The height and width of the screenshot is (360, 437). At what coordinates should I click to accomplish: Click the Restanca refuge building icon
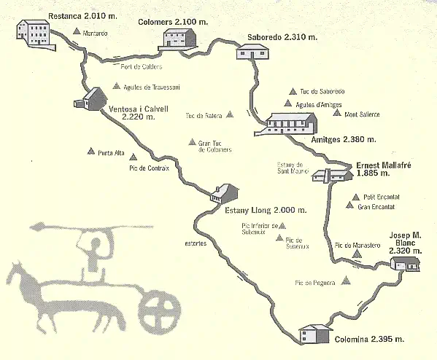[x=34, y=30]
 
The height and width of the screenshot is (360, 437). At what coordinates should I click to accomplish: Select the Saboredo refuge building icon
[x=252, y=52]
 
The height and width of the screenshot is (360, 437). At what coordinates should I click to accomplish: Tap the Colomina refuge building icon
[x=316, y=334]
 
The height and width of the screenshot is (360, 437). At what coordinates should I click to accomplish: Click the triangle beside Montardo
[x=77, y=31]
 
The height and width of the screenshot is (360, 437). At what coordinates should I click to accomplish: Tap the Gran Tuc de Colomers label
[x=214, y=146]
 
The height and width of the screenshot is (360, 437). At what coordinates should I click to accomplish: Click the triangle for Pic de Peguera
[x=348, y=282]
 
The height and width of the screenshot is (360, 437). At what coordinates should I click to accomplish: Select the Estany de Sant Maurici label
[x=294, y=168]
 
